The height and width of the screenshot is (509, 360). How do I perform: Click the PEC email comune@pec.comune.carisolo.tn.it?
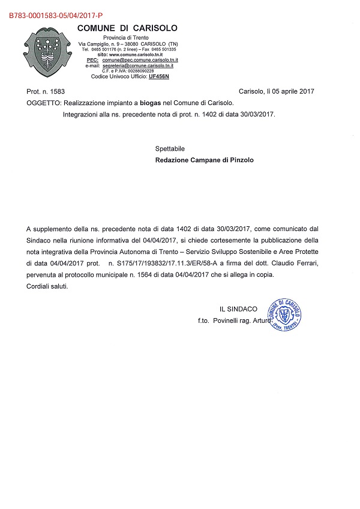140,60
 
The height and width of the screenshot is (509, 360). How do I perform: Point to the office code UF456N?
159,77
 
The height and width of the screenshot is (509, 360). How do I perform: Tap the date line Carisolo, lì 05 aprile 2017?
276,91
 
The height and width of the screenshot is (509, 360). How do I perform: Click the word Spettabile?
170,148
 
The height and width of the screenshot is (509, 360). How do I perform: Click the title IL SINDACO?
239,309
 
